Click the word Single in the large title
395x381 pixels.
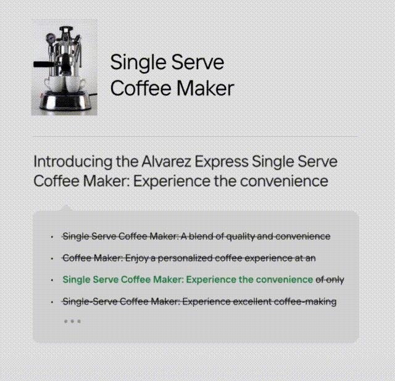pos(138,63)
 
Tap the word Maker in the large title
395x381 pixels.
pos(206,88)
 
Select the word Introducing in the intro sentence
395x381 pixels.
pos(73,162)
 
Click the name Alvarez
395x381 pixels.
pos(166,162)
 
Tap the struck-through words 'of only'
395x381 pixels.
pos(330,280)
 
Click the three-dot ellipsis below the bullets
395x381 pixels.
pos(72,321)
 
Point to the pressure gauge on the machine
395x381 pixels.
pos(51,38)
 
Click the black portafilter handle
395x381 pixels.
pos(43,64)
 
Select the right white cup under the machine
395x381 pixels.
pos(75,84)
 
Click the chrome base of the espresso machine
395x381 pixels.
pos(65,101)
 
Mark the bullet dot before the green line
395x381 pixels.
pos(52,280)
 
